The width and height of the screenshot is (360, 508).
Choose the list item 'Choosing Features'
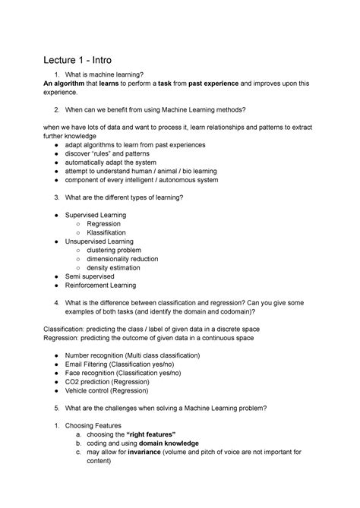[x=99, y=425]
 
